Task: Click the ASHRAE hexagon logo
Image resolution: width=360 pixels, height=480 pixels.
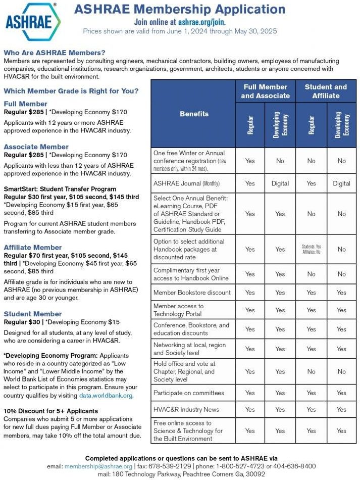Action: (x=33, y=21)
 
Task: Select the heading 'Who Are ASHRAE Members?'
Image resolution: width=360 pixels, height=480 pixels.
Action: (x=55, y=53)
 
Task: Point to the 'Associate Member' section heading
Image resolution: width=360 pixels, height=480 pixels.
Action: (x=36, y=147)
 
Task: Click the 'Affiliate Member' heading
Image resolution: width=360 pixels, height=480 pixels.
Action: (x=33, y=248)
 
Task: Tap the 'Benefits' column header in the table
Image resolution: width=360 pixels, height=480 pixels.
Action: (x=194, y=114)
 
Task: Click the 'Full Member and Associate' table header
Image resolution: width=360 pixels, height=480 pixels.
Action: (x=265, y=91)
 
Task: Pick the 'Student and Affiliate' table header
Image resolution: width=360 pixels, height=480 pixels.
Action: (x=326, y=91)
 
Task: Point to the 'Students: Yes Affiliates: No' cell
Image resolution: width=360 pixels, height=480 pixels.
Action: (x=311, y=249)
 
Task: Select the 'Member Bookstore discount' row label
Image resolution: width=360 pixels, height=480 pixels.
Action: (x=192, y=292)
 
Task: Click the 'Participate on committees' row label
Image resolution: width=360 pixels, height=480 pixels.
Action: (x=188, y=393)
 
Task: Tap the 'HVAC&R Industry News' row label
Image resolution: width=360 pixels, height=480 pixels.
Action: (x=186, y=409)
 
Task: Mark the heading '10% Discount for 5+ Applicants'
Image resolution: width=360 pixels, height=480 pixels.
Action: (x=50, y=411)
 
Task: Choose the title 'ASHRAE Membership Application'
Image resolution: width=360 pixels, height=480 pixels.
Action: (x=179, y=9)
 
